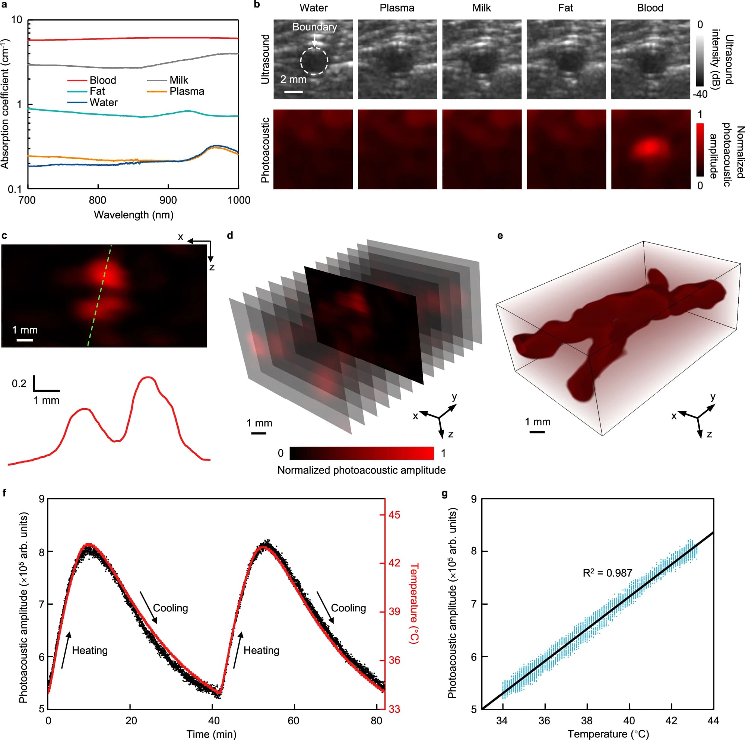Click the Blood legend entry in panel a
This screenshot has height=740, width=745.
pyautogui.click(x=102, y=80)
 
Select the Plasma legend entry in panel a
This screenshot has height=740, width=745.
pyautogui.click(x=187, y=91)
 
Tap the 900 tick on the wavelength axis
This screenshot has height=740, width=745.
pyautogui.click(x=168, y=200)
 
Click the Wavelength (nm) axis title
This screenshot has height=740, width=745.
pyautogui.click(x=133, y=215)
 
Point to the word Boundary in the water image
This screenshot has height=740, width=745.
pyautogui.click(x=314, y=27)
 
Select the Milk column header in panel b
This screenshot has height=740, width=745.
pyautogui.click(x=481, y=8)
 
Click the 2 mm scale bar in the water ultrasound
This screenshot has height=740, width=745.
pyautogui.click(x=294, y=92)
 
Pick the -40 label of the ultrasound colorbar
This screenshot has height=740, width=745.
pyautogui.click(x=700, y=95)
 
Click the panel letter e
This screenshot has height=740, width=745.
pyautogui.click(x=500, y=236)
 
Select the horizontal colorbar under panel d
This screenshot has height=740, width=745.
pyautogui.click(x=361, y=453)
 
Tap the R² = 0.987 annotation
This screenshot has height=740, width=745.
pyautogui.click(x=607, y=573)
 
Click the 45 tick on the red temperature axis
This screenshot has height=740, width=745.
pyautogui.click(x=394, y=515)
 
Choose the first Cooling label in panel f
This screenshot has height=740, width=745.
pyautogui.click(x=171, y=608)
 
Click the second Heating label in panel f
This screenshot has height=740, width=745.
pyautogui.click(x=261, y=651)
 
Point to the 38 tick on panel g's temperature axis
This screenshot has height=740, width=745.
pyautogui.click(x=587, y=720)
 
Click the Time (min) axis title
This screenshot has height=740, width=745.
pyautogui.click(x=211, y=734)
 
